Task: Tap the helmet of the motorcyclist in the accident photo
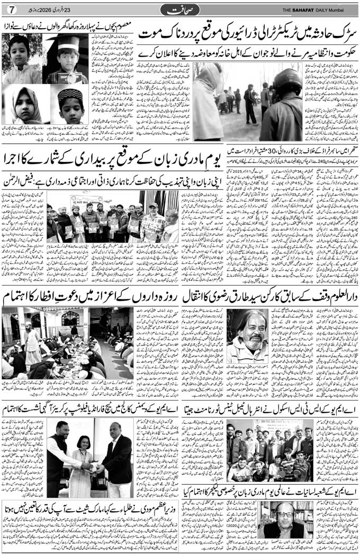[288, 80]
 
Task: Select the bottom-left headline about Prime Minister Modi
[90, 506]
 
